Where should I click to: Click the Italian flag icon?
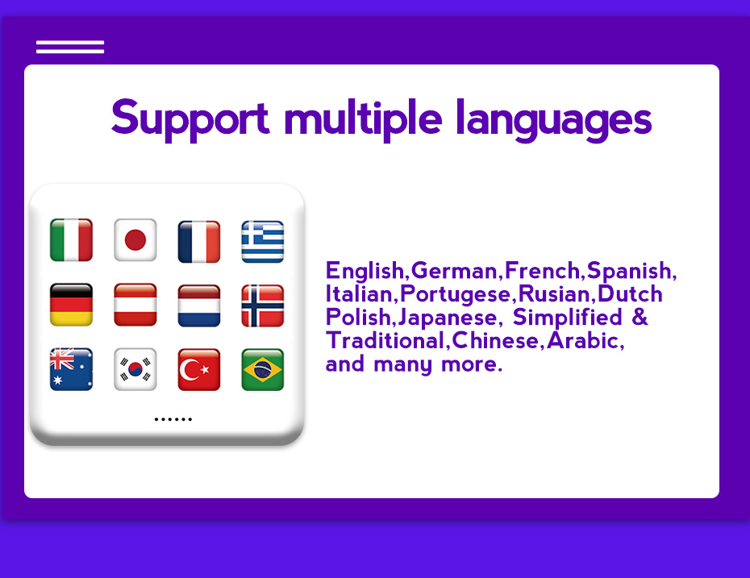(x=71, y=240)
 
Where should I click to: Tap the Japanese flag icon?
(x=135, y=240)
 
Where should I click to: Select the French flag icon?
(x=199, y=241)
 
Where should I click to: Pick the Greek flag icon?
(x=263, y=241)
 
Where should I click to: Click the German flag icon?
(x=71, y=305)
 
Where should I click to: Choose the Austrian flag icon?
(x=135, y=305)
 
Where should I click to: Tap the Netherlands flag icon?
(x=199, y=306)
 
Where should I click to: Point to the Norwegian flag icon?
(x=263, y=306)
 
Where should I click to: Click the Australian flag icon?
(x=71, y=369)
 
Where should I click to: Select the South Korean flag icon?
(x=135, y=369)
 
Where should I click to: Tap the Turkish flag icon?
(x=199, y=369)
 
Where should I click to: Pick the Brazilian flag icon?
(x=263, y=369)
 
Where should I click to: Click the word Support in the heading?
(x=190, y=119)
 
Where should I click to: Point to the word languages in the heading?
(x=554, y=119)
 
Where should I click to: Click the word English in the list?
(x=365, y=272)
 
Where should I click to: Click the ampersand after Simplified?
(x=640, y=317)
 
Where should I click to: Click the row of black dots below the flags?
(x=173, y=419)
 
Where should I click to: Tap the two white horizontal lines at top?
(x=70, y=47)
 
